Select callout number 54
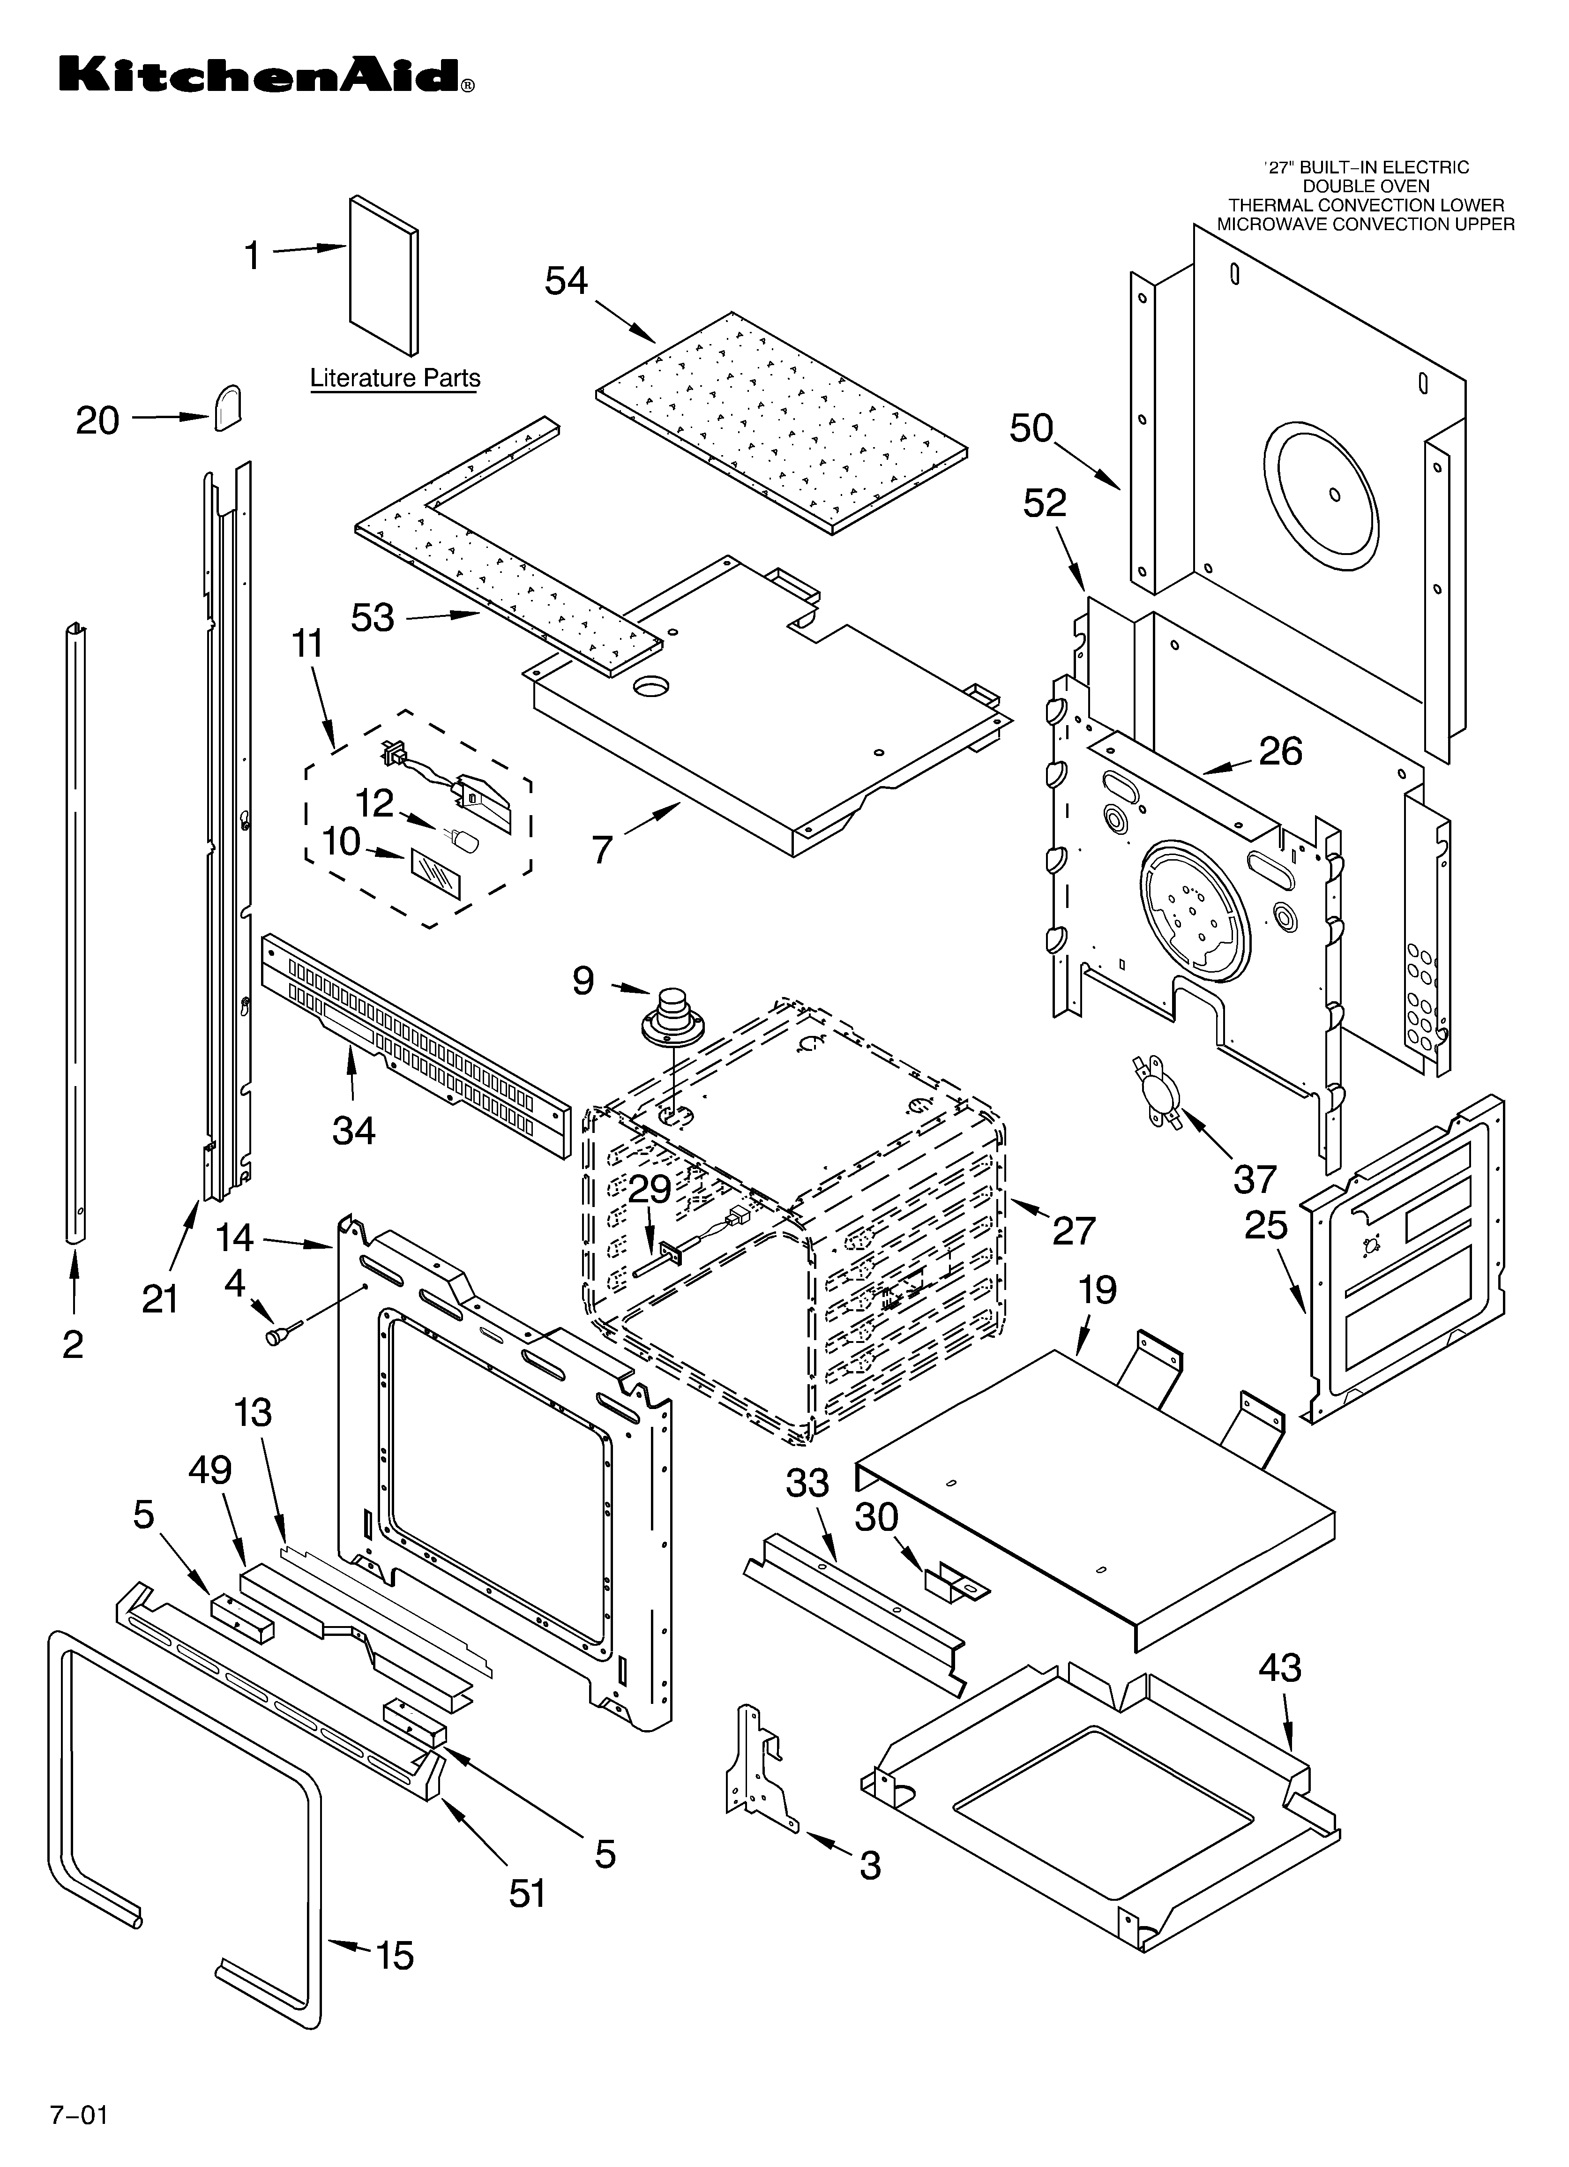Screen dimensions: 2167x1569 567,281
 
